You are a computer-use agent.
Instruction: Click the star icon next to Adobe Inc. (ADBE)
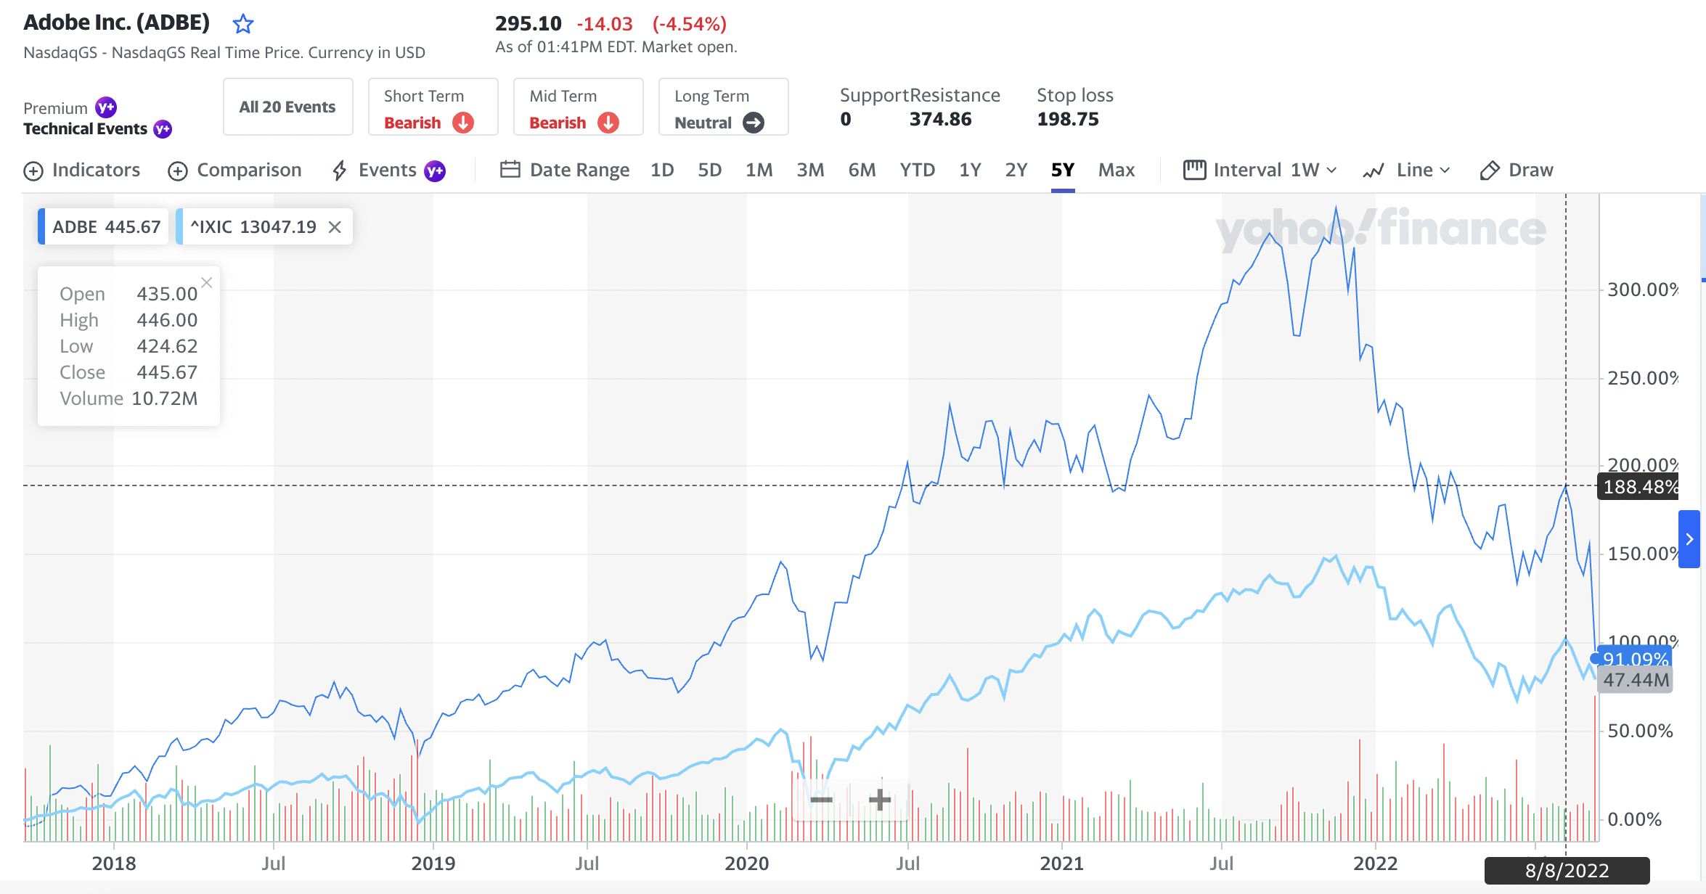pyautogui.click(x=242, y=24)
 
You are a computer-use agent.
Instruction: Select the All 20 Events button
pyautogui.click(x=287, y=107)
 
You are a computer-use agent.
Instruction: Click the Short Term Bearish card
pyautogui.click(x=432, y=107)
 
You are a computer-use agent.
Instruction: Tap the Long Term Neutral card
pyautogui.click(x=722, y=107)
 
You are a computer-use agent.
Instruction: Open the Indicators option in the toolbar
pyautogui.click(x=82, y=170)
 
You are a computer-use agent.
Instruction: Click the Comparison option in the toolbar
pyautogui.click(x=234, y=170)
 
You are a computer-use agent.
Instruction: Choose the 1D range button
pyautogui.click(x=661, y=170)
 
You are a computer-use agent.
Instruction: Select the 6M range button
pyautogui.click(x=862, y=170)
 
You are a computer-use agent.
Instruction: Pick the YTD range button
pyautogui.click(x=917, y=170)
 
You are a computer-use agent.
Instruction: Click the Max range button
pyautogui.click(x=1116, y=170)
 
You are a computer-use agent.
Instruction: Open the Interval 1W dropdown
pyautogui.click(x=1260, y=170)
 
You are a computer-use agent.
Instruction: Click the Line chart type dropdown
pyautogui.click(x=1406, y=170)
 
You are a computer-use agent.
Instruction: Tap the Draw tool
pyautogui.click(x=1517, y=170)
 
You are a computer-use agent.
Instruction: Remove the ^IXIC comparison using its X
pyautogui.click(x=335, y=227)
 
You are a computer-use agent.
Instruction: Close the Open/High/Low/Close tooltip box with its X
pyautogui.click(x=207, y=282)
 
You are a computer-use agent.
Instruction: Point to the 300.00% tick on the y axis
pyautogui.click(x=1641, y=290)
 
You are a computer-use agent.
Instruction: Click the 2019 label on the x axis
pyautogui.click(x=433, y=863)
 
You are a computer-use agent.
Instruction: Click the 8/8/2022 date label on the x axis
pyautogui.click(x=1567, y=870)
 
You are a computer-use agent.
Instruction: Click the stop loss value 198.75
pyautogui.click(x=1067, y=119)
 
